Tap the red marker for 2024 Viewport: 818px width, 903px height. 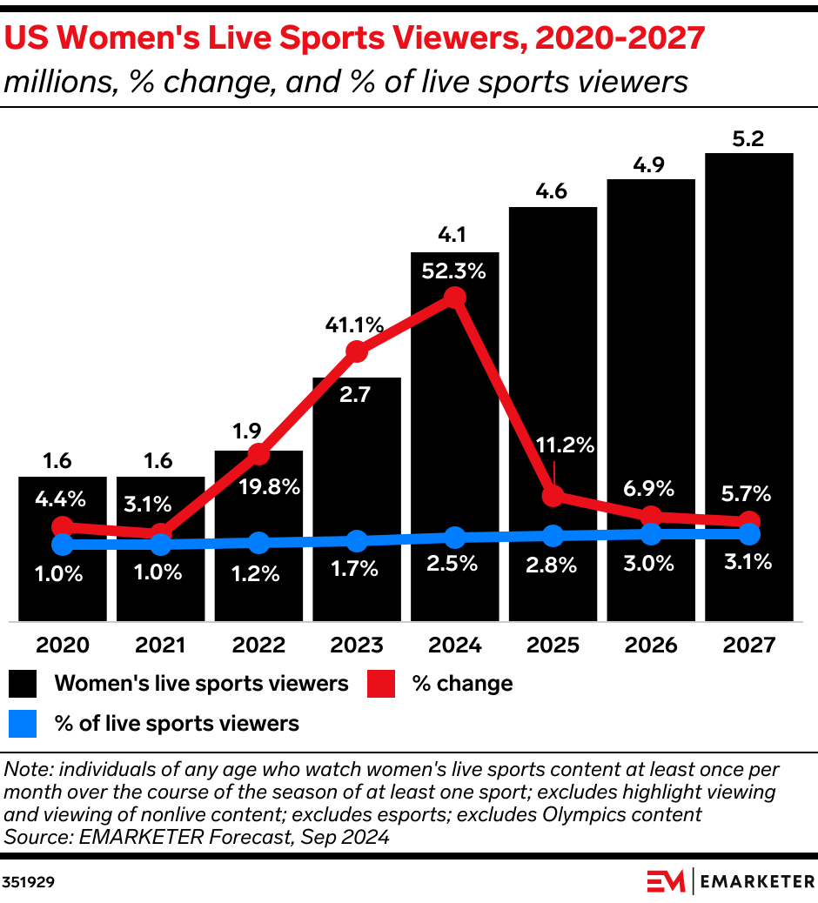(x=455, y=298)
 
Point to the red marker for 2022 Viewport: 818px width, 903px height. (x=258, y=453)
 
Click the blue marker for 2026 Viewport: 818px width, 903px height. (x=652, y=534)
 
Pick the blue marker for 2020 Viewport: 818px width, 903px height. (x=62, y=545)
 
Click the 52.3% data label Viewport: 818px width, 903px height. (x=454, y=271)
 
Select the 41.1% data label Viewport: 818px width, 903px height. (x=355, y=325)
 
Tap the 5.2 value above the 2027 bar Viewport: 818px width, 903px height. (x=749, y=138)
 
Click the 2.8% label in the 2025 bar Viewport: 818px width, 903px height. (x=553, y=564)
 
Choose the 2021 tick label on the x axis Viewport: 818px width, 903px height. (x=160, y=645)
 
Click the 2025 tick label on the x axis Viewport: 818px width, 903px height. (x=553, y=645)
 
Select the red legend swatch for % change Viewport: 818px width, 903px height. (x=382, y=684)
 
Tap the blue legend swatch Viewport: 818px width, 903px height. (x=23, y=723)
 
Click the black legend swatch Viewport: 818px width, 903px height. (x=23, y=684)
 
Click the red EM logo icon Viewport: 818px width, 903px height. (x=666, y=881)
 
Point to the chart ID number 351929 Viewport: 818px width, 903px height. (x=30, y=881)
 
